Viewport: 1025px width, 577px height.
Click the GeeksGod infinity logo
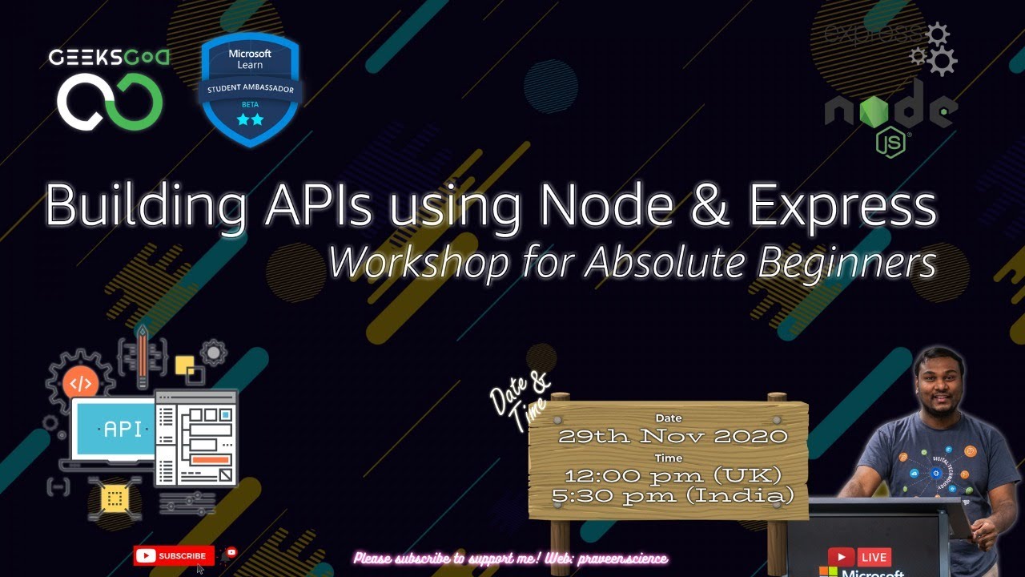coord(109,101)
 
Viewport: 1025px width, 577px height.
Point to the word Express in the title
coord(842,207)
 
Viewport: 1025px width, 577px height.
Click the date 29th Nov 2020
coord(673,437)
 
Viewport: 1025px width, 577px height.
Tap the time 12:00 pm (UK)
coord(673,476)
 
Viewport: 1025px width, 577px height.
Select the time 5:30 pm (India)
coord(673,496)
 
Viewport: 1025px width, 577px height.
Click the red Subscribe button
coord(174,555)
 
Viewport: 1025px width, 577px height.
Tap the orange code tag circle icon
coord(80,383)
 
